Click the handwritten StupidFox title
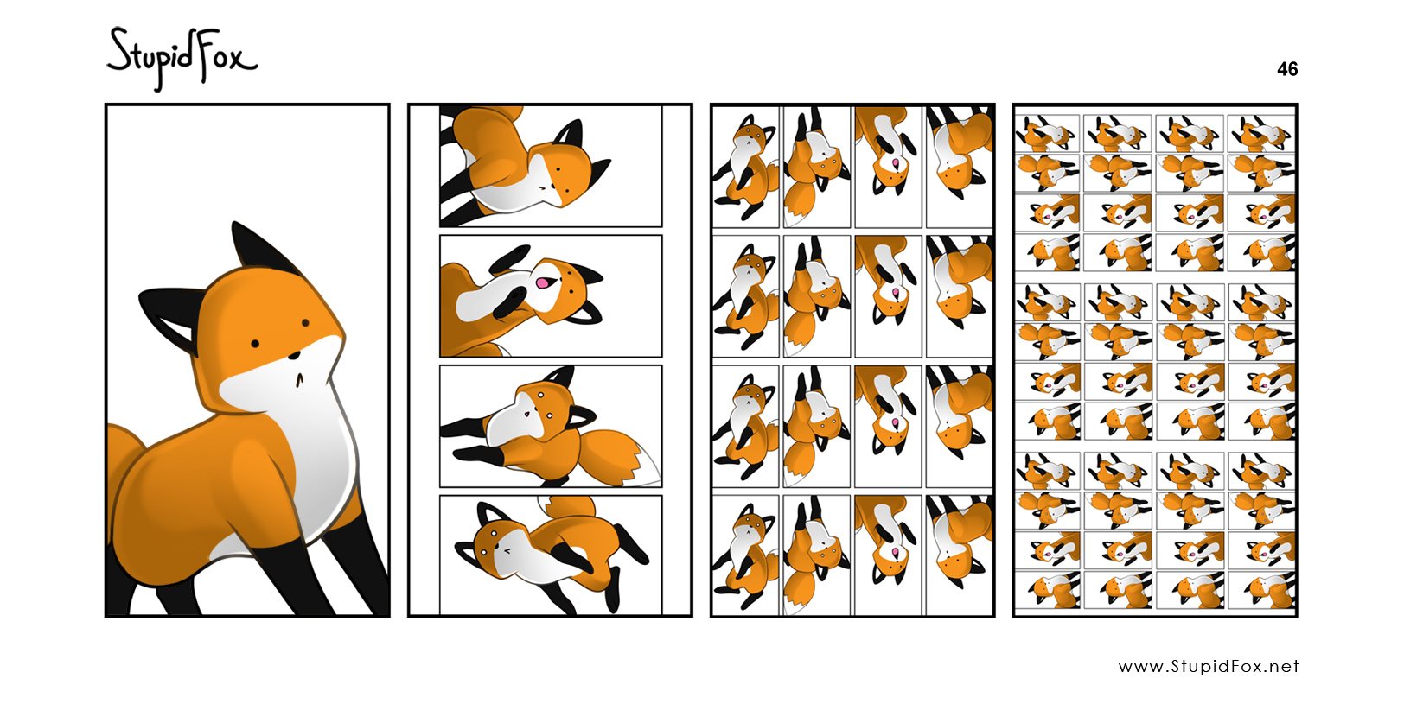tap(182, 58)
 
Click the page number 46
tap(1287, 69)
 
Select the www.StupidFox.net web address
tap(1209, 666)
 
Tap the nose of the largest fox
tap(293, 357)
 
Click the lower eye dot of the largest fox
tap(255, 344)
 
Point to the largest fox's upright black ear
tap(260, 247)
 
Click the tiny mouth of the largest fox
tap(300, 379)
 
